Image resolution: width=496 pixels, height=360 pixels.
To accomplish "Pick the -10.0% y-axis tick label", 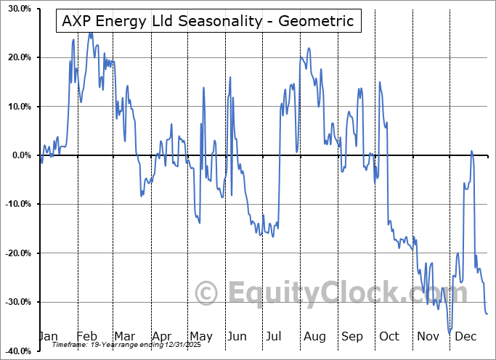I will pos(15,204).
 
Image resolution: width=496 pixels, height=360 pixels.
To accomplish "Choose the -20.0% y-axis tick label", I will pos(15,253).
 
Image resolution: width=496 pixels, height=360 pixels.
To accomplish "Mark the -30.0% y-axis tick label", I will pos(15,302).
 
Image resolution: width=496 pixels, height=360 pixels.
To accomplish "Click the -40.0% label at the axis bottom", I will pos(15,351).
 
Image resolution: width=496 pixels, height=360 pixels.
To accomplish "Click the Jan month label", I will pos(48,336).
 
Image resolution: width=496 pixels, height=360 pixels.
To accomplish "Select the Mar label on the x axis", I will pos(124,336).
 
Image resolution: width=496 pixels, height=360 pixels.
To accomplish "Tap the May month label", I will pos(200,336).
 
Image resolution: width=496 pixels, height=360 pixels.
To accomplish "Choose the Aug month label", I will pos(315,336).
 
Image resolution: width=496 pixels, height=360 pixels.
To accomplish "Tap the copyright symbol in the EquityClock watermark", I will pos(206,293).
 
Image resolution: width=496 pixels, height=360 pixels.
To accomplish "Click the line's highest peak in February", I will pos(90,33).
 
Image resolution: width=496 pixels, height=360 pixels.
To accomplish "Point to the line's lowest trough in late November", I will pos(450,330).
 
